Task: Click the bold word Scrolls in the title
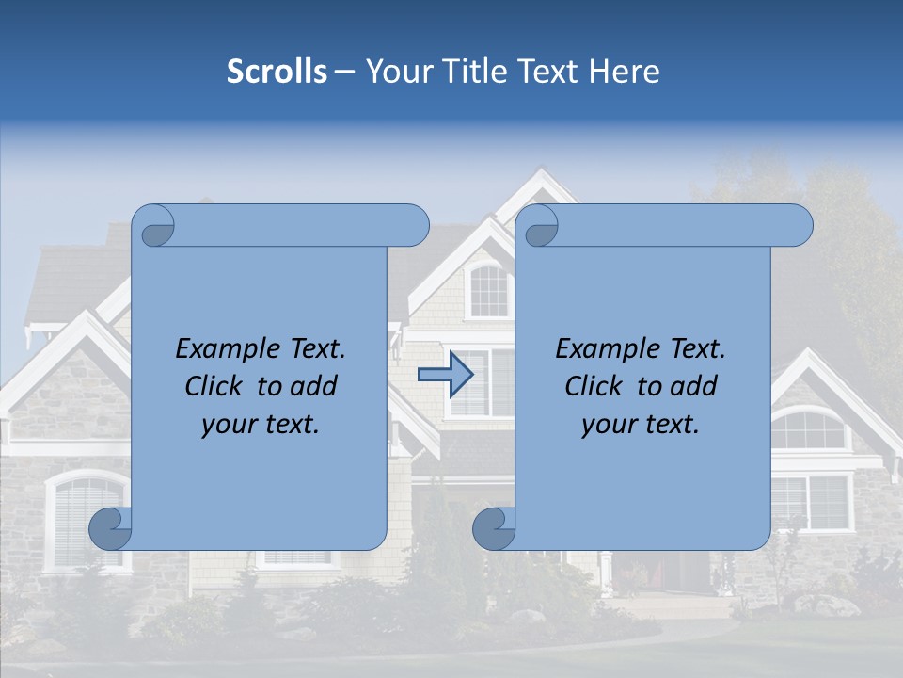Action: coord(277,72)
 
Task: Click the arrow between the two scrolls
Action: coord(445,375)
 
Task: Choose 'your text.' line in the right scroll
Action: coord(641,424)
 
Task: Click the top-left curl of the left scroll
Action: coord(154,227)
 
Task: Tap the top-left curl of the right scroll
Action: coord(539,227)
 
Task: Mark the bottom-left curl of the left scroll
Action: coord(110,528)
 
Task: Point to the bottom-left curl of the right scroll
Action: coord(493,528)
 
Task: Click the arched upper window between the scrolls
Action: coord(488,291)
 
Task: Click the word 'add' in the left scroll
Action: coord(314,386)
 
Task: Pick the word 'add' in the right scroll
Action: coord(694,386)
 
